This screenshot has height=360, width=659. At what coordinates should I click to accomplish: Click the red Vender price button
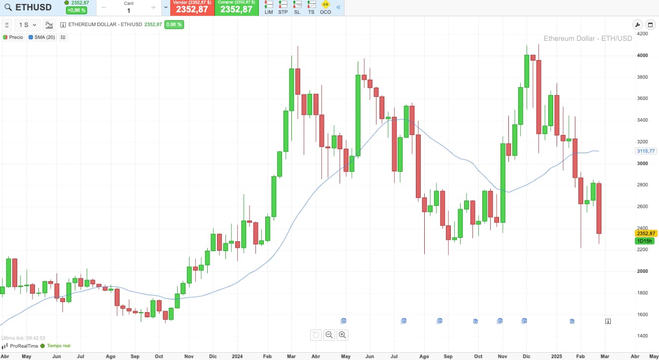tap(192, 8)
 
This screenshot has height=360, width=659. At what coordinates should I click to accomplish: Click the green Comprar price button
tap(236, 8)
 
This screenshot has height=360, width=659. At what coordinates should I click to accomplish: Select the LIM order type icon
tap(269, 7)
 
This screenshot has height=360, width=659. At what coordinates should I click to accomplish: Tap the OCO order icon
tap(325, 7)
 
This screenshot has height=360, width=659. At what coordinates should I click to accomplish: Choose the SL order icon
tap(297, 7)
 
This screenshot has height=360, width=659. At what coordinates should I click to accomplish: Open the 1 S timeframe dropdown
tap(28, 25)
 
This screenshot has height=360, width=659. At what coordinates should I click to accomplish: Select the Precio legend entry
tap(13, 37)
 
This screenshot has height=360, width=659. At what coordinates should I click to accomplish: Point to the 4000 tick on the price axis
tap(642, 56)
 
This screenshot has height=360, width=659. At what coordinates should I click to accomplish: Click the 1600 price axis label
tap(642, 314)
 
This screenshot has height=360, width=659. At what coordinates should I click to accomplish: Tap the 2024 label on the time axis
tap(237, 356)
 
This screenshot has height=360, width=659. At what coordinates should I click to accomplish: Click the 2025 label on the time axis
tap(557, 356)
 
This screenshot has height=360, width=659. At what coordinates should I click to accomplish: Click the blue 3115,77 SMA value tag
tap(645, 151)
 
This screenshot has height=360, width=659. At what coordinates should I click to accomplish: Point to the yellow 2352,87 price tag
tap(645, 233)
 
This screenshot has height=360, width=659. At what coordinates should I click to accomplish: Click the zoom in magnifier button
tap(343, 335)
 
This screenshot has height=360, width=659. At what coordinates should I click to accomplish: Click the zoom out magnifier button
tap(329, 335)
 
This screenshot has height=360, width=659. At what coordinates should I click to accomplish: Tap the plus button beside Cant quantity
tap(154, 8)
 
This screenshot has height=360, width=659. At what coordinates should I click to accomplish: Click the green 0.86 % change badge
tap(174, 25)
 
